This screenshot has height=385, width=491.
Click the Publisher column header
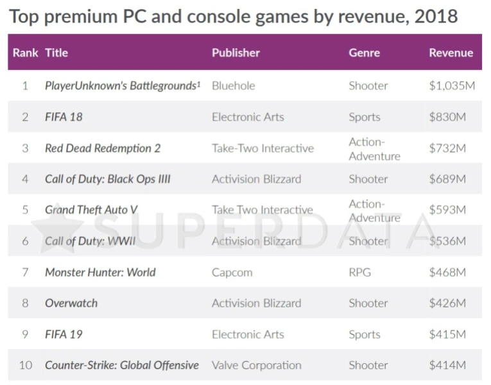(x=236, y=53)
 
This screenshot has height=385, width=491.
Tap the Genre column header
(x=364, y=53)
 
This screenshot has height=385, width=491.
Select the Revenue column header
(x=451, y=53)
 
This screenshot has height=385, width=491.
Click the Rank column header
(x=25, y=53)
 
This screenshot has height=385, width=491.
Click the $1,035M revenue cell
(x=451, y=85)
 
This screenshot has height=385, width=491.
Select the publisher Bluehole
(x=233, y=85)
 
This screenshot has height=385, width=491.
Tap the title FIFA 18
(x=64, y=117)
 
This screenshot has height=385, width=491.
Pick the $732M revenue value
(x=447, y=148)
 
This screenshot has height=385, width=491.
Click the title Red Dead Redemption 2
(x=103, y=148)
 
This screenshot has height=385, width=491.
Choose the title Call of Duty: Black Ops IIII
(x=108, y=179)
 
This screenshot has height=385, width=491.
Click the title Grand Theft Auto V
(x=91, y=210)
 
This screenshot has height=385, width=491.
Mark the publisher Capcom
(x=232, y=272)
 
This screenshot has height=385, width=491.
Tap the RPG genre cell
(x=360, y=272)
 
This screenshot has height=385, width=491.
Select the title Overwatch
(x=71, y=303)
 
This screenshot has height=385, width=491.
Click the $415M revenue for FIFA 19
(x=447, y=334)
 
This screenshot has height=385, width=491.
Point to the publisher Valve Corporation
(x=256, y=365)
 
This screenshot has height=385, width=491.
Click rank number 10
(x=26, y=365)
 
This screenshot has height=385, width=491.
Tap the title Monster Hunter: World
(x=100, y=272)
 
